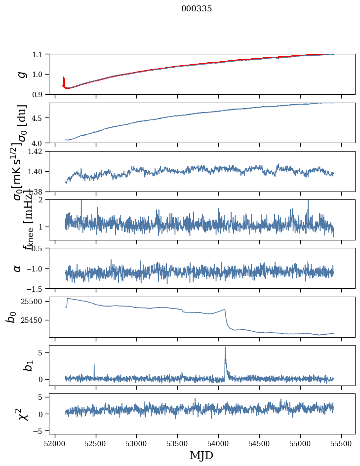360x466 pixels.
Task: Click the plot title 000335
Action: tap(197, 9)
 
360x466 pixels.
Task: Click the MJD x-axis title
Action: tap(201, 456)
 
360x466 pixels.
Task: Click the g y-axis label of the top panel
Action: tap(21, 75)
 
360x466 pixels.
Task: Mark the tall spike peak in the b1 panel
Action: tap(225, 347)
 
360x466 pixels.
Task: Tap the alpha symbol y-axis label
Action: tap(17, 268)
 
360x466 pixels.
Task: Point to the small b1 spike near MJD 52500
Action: tap(94, 365)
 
